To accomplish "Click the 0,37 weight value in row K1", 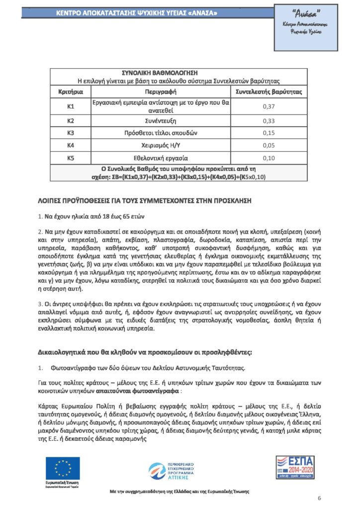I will [268, 106].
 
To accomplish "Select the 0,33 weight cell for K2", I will [268, 120].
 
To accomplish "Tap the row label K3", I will [71, 133].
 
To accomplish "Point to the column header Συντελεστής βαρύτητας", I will [268, 92].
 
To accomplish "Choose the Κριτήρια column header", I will [71, 92].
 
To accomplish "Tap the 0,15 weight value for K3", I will [268, 133].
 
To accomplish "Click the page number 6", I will [319, 499].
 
